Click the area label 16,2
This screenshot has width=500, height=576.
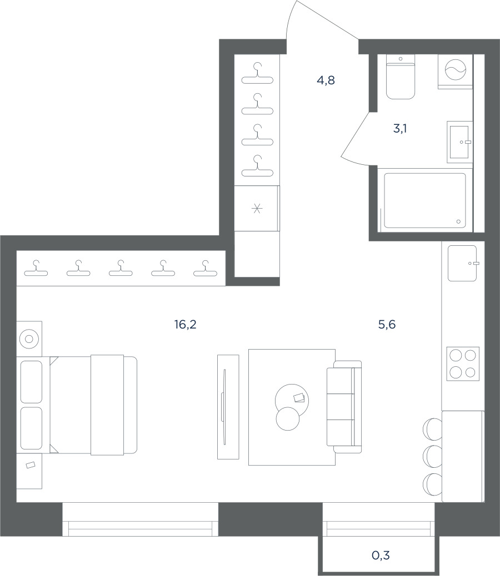click(186, 325)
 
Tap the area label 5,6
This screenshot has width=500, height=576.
click(387, 325)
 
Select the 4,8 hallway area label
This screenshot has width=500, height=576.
click(326, 80)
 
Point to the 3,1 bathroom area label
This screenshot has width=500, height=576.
click(400, 129)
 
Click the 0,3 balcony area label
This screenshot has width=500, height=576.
click(381, 555)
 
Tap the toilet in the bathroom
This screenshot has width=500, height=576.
click(401, 77)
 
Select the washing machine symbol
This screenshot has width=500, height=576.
click(456, 70)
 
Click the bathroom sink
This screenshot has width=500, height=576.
click(459, 142)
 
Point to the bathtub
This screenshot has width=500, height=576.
click(425, 200)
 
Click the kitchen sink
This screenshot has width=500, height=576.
click(462, 264)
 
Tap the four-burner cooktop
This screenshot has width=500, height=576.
click(463, 363)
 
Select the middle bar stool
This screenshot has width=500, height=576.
click(433, 456)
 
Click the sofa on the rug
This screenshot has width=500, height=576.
click(344, 407)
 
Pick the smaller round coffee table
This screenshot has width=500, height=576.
click(288, 419)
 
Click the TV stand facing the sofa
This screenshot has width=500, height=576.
click(228, 407)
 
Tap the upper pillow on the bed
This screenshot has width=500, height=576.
click(31, 382)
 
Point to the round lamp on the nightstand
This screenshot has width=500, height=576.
click(29, 338)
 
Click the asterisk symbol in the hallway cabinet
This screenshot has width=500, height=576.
click(257, 209)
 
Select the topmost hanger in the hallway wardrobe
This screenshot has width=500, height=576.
click(257, 73)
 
